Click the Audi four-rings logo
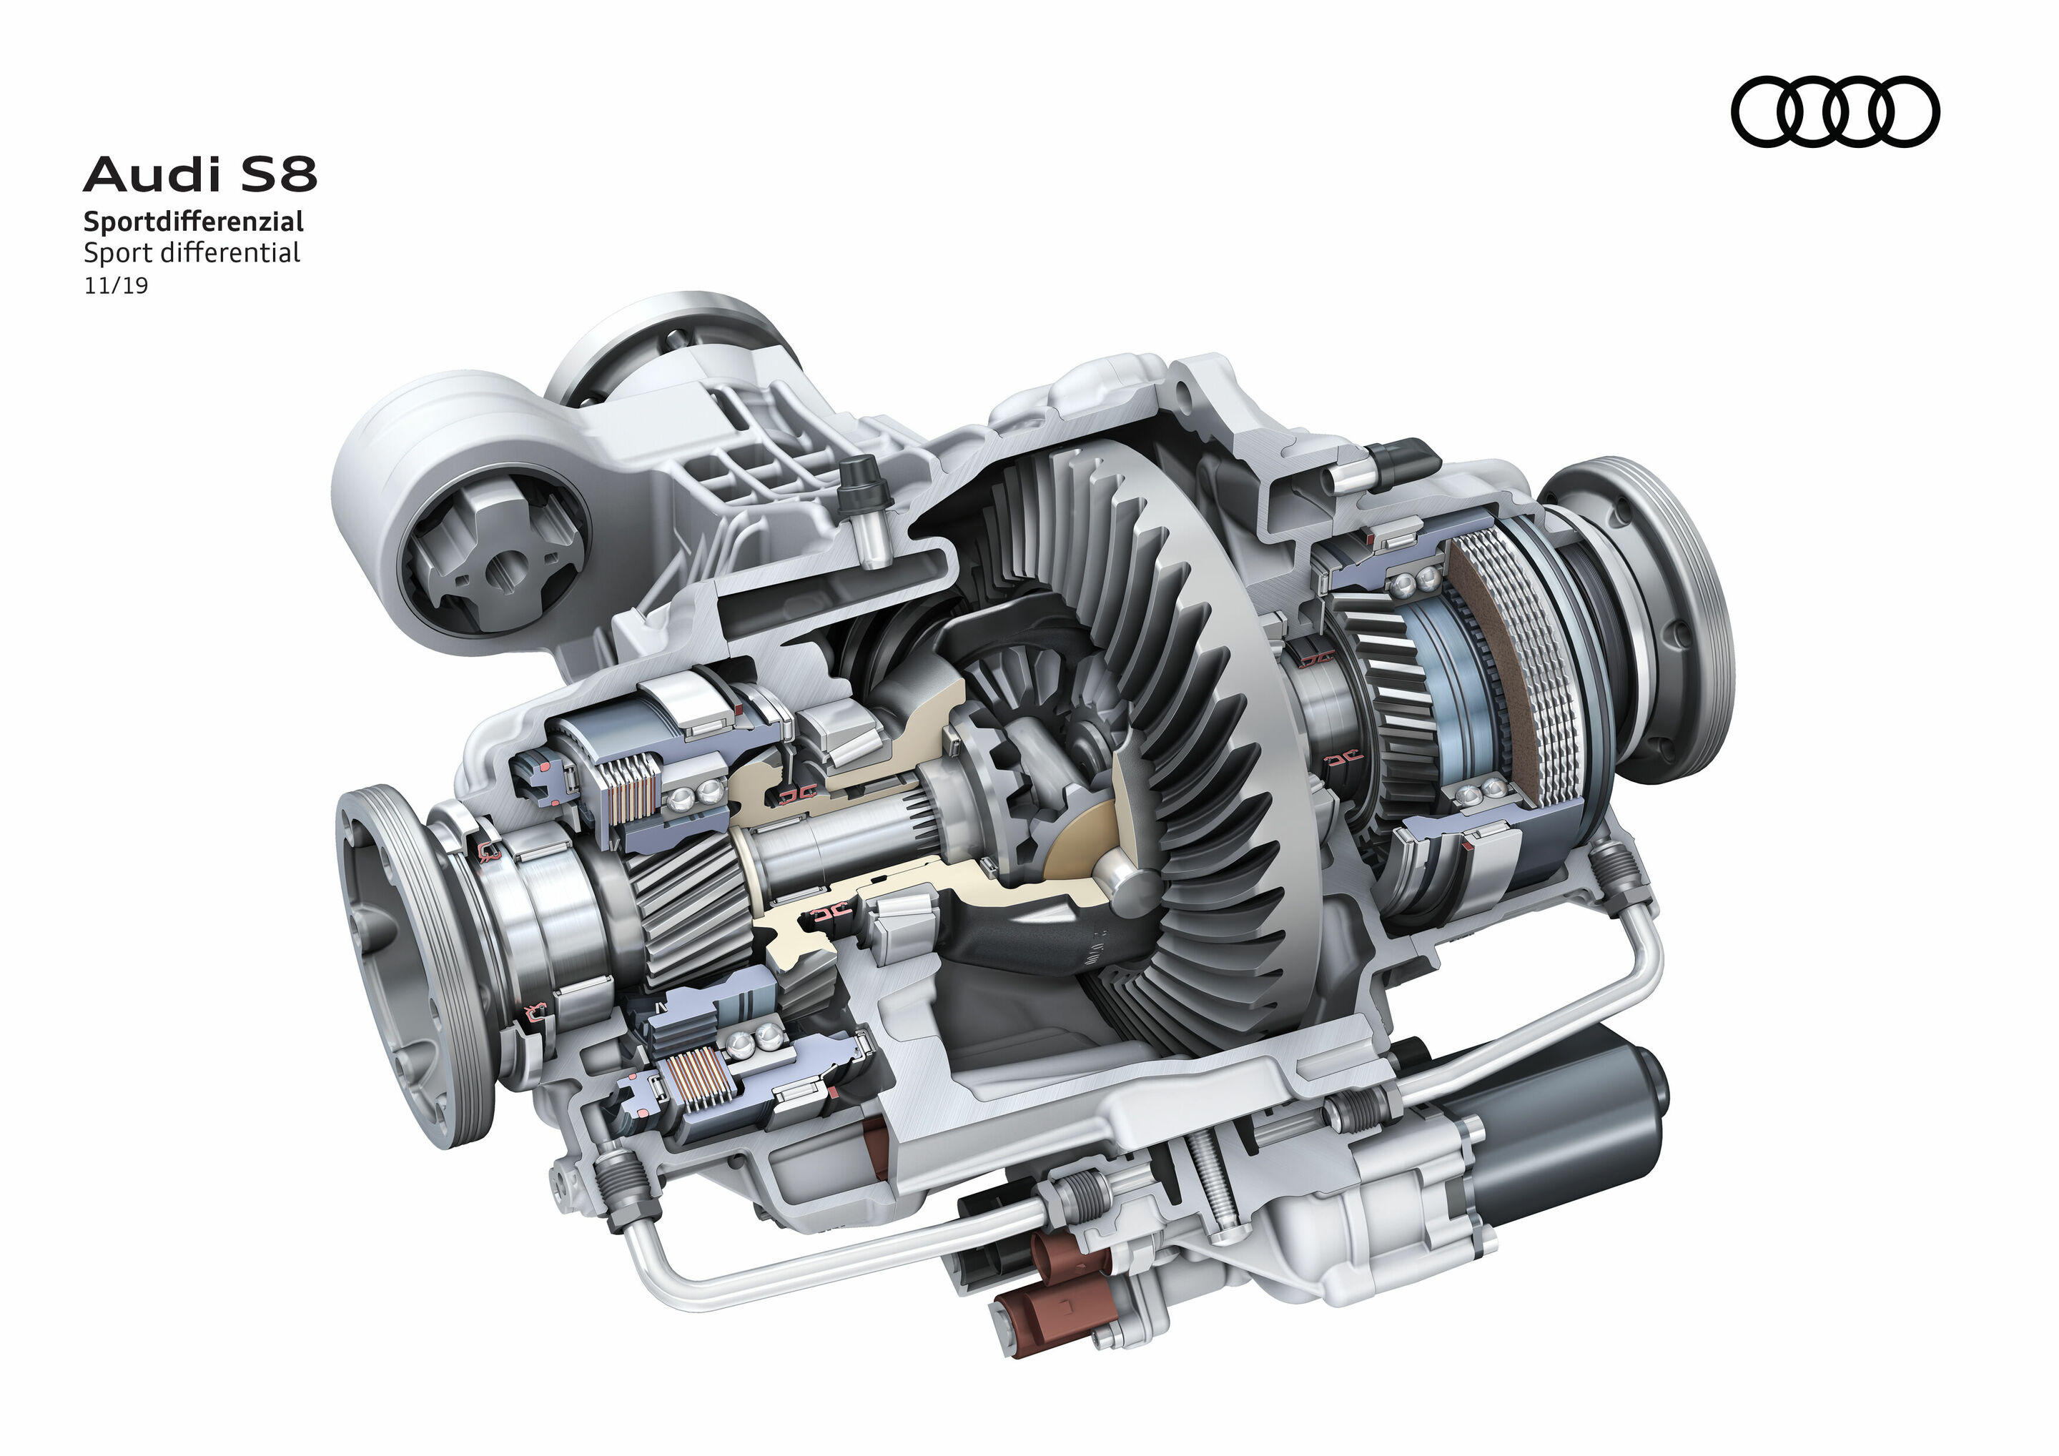tap(1834, 112)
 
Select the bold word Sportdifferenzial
tap(194, 222)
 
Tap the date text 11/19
tap(116, 286)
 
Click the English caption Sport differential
tap(192, 253)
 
